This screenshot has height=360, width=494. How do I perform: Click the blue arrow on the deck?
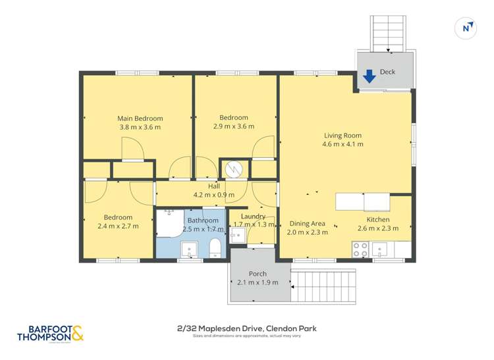tap(370, 76)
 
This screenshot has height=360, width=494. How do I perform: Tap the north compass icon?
tap(466, 28)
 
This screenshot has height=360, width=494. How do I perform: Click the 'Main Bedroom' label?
tap(140, 118)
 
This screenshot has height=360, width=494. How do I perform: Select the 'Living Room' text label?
tap(342, 136)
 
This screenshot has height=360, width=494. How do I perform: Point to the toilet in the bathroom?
tap(214, 249)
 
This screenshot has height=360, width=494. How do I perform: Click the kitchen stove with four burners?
tap(360, 249)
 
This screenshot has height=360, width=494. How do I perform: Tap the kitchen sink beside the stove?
tap(380, 249)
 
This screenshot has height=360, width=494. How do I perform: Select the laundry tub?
tap(238, 235)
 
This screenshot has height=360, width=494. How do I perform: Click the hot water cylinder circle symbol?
tap(234, 169)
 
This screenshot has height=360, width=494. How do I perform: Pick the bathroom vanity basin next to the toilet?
tap(190, 250)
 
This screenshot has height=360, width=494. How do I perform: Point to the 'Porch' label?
tap(258, 274)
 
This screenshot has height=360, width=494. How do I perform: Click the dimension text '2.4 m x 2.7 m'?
tap(119, 226)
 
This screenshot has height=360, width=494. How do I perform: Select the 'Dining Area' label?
tap(307, 223)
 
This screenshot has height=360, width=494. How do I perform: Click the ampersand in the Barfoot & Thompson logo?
tap(76, 334)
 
